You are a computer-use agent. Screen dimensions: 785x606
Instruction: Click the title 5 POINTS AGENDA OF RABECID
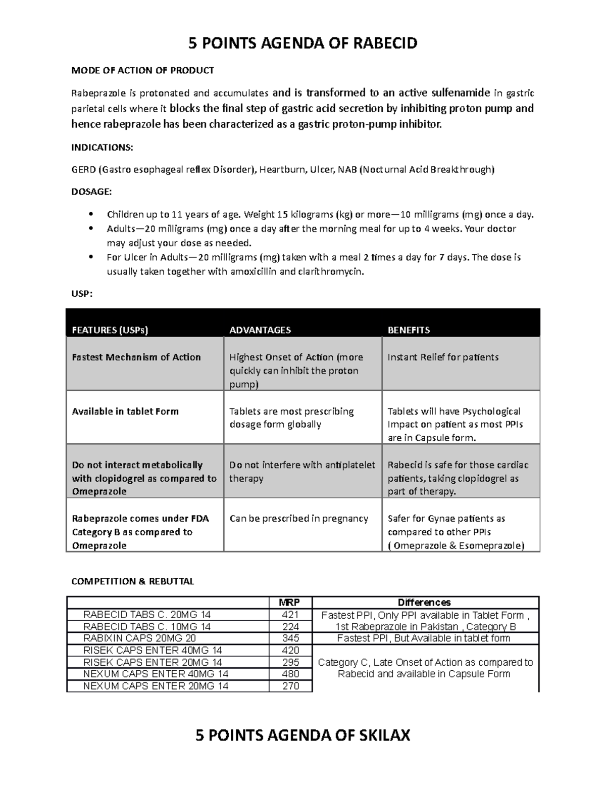[302, 43]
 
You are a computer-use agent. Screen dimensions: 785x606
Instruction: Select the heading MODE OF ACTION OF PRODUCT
[142, 70]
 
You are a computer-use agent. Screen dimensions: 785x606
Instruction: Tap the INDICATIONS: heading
[102, 148]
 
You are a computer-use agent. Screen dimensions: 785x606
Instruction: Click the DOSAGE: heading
[91, 192]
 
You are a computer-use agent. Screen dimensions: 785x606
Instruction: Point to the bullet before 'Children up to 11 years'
[91, 214]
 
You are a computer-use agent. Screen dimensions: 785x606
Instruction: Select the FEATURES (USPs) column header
[110, 330]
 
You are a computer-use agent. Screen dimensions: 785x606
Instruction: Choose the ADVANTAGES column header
[260, 330]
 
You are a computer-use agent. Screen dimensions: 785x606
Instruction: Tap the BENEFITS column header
[409, 330]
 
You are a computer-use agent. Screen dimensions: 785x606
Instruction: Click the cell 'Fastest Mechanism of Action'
[136, 357]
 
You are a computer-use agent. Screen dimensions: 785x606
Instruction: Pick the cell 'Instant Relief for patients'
[443, 357]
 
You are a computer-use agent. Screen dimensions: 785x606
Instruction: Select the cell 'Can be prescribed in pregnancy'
[299, 518]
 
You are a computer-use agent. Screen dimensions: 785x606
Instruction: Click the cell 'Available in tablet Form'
[125, 411]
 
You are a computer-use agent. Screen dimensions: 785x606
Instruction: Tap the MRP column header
[290, 603]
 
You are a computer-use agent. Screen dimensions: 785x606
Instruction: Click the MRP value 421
[290, 615]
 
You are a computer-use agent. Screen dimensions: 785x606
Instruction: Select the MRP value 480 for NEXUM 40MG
[290, 674]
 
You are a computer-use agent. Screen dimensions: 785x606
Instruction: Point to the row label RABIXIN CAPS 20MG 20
[139, 638]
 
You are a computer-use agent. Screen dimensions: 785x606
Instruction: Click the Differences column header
[424, 603]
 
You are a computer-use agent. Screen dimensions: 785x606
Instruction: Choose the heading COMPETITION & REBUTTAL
[132, 581]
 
